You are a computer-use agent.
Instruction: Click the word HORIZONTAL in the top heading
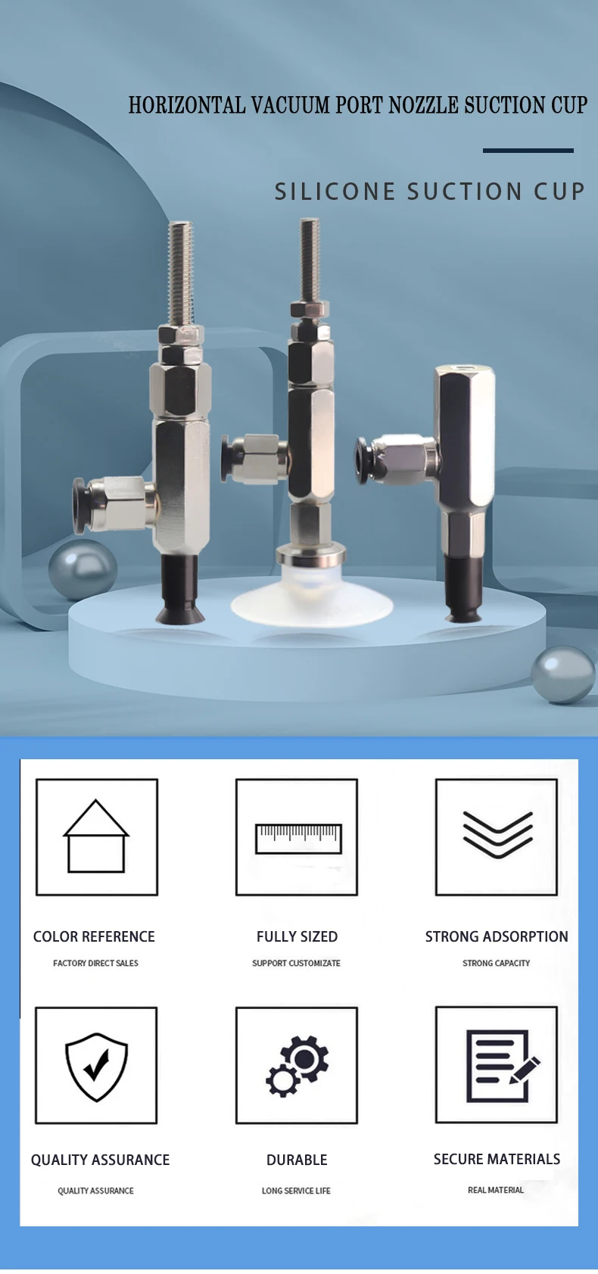[187, 105]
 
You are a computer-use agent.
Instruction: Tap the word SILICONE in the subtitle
[335, 192]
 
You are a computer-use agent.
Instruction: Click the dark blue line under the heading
[528, 151]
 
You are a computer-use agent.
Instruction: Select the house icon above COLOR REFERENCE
[96, 836]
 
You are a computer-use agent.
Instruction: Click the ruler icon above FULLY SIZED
[297, 838]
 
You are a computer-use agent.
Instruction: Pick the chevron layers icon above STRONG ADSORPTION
[497, 835]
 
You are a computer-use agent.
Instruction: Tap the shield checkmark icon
[96, 1066]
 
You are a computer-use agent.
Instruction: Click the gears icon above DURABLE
[297, 1066]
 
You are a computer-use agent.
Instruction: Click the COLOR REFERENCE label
[94, 937]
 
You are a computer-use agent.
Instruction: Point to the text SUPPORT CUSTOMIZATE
[296, 963]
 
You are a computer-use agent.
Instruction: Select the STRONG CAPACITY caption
[496, 963]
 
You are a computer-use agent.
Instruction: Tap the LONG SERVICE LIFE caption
[296, 1191]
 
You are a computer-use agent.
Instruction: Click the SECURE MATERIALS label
[497, 1159]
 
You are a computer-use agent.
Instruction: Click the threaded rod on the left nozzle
[181, 273]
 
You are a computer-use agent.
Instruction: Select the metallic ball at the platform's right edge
[563, 674]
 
